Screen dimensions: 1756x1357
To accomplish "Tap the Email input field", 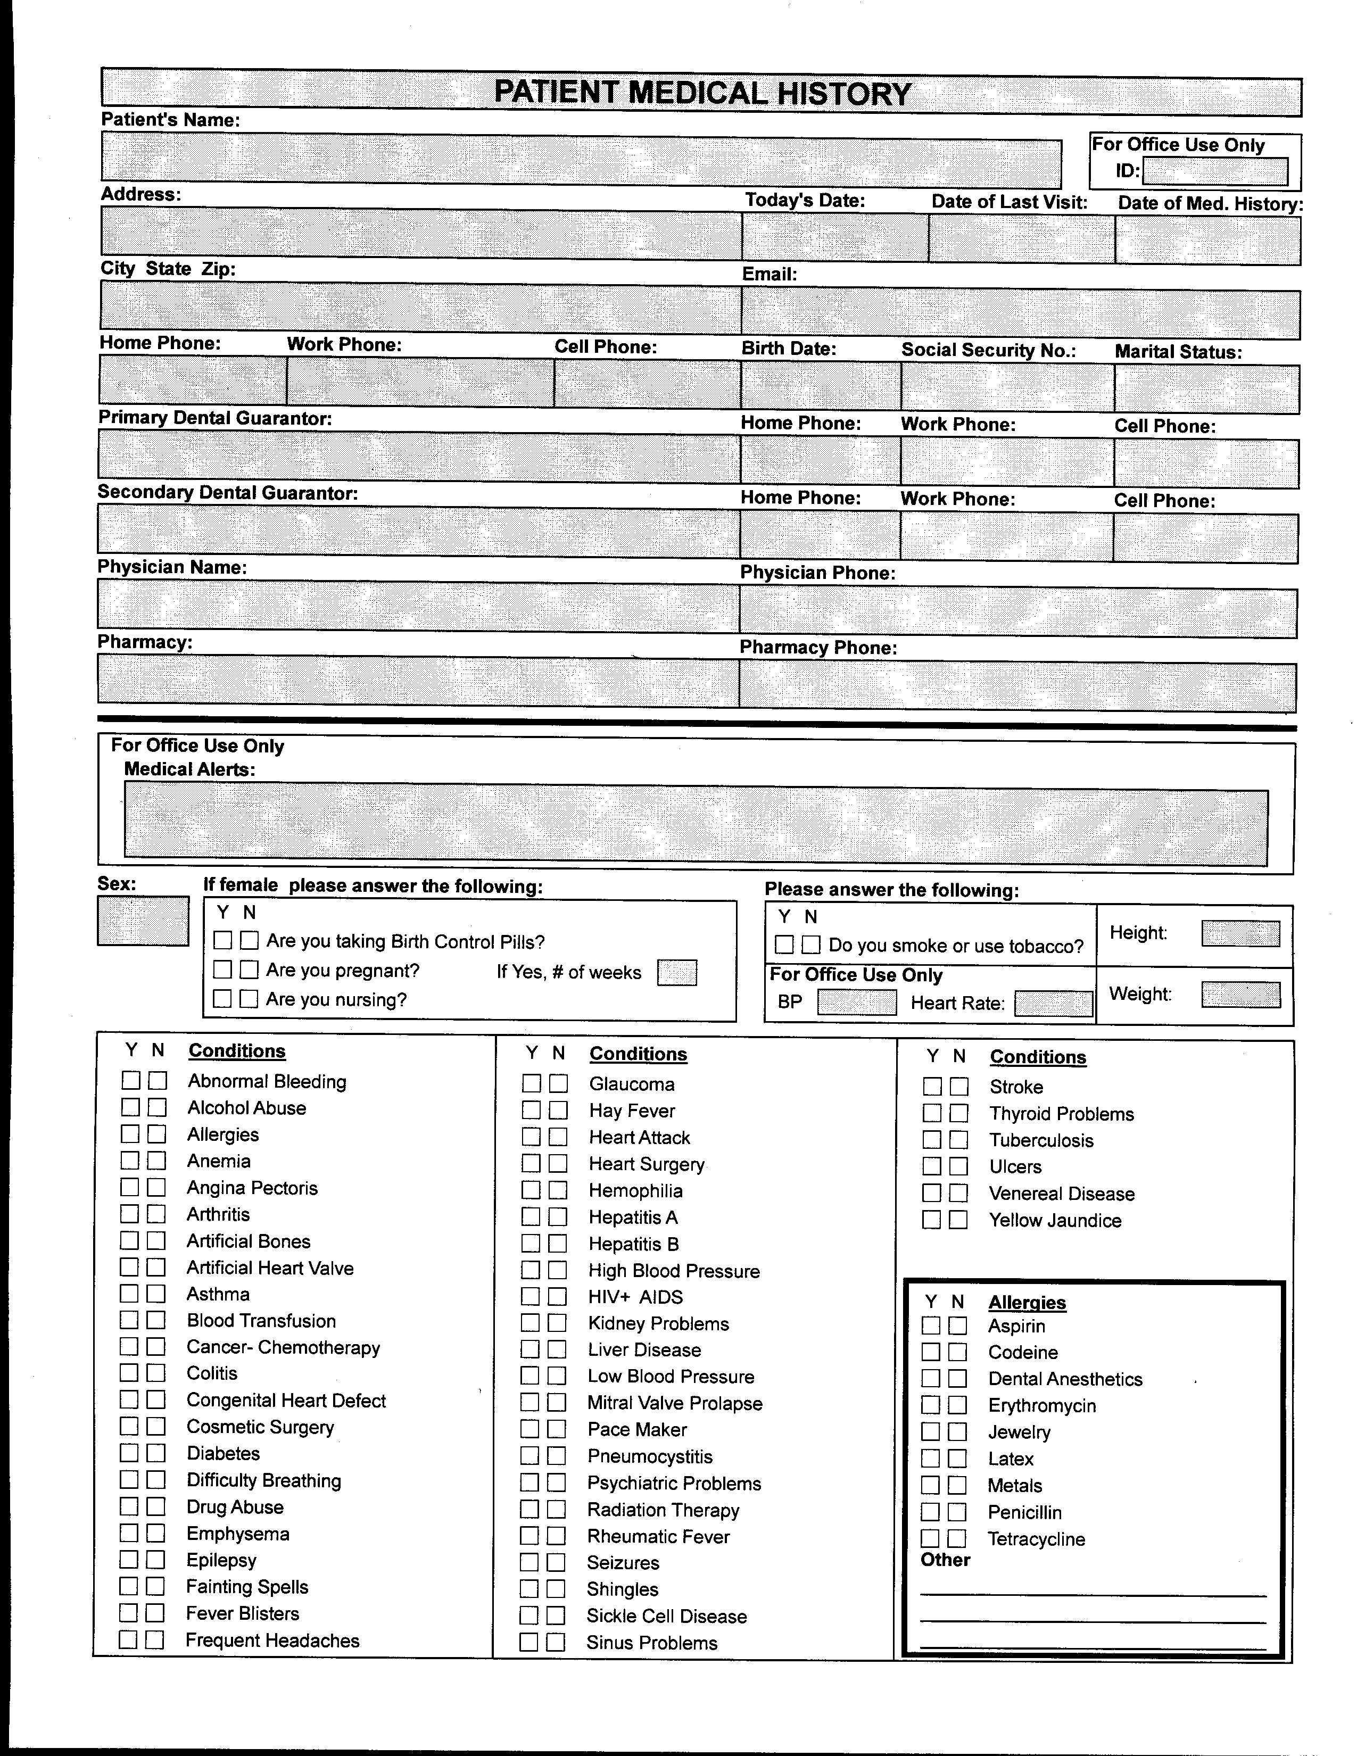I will [1020, 313].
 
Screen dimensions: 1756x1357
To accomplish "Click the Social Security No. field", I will [1007, 387].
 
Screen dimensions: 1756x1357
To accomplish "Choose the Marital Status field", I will [1206, 389].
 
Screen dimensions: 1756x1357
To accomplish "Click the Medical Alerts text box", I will [696, 824].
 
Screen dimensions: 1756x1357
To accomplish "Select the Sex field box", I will [143, 921].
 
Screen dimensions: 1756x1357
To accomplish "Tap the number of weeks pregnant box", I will [676, 973].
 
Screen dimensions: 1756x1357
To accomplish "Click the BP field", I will [856, 1003].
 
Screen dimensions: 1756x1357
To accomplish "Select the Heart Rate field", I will [1053, 1004].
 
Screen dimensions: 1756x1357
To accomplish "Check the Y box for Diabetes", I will [129, 1453].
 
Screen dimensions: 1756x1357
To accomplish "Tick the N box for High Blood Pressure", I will [557, 1270].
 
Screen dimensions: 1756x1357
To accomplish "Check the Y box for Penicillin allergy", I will [930, 1512].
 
